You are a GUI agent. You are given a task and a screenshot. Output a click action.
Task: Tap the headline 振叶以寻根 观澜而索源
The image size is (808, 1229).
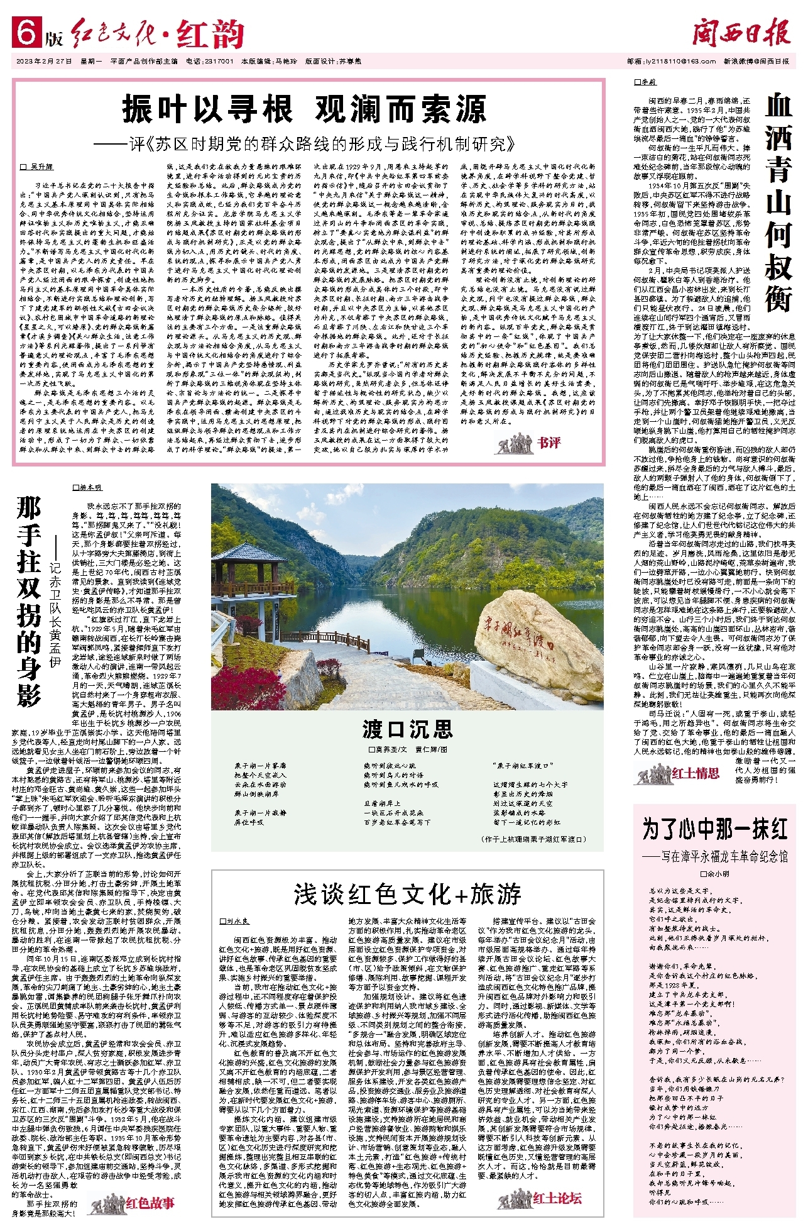304,109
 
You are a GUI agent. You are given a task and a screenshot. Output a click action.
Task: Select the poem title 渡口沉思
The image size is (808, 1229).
407,729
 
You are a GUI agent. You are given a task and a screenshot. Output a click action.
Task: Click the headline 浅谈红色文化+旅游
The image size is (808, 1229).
407,894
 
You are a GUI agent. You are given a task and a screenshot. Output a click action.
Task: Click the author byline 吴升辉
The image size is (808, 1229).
39,167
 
